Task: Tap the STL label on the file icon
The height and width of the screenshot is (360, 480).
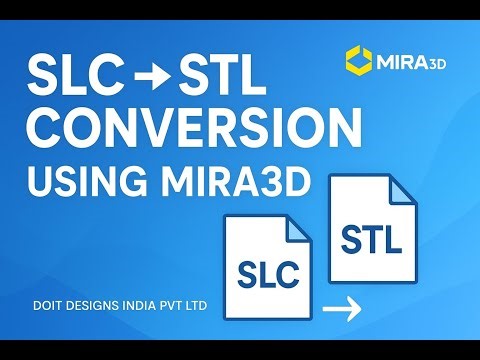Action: point(371,239)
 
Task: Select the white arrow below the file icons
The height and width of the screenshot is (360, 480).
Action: point(344,311)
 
